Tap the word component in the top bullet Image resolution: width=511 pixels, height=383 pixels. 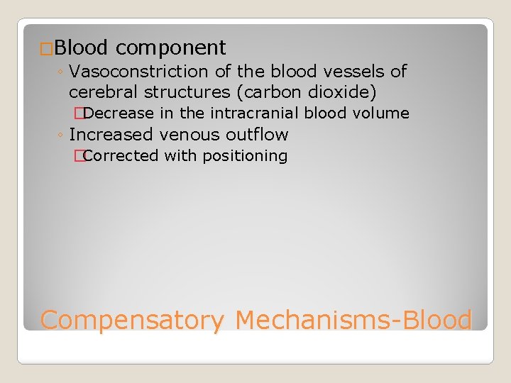(x=170, y=48)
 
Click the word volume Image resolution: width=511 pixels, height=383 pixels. (x=381, y=113)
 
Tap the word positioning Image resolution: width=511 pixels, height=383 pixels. (x=245, y=156)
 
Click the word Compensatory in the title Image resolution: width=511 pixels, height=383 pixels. (x=131, y=321)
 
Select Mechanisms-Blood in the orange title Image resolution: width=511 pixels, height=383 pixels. (x=353, y=321)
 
